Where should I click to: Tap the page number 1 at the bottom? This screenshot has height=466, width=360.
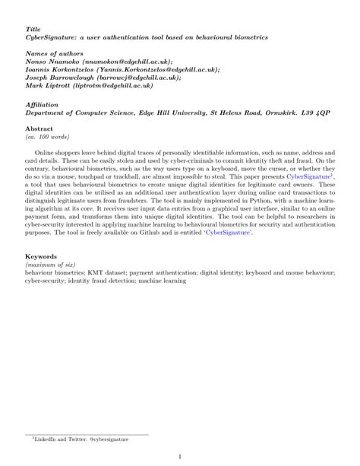(179, 457)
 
